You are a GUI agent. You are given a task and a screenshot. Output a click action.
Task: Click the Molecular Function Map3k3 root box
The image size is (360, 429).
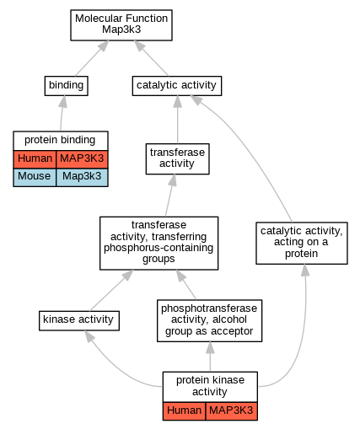[x=121, y=25]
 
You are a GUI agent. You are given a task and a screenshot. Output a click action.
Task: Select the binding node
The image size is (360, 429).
[x=67, y=86]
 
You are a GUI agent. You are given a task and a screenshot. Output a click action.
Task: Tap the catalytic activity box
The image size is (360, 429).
[x=177, y=86]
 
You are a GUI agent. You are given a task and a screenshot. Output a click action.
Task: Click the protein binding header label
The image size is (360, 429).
[x=61, y=140]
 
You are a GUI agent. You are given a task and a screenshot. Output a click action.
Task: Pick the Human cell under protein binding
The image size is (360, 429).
[x=35, y=158]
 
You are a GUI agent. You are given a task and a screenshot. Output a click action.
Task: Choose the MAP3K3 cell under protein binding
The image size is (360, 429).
[x=82, y=158]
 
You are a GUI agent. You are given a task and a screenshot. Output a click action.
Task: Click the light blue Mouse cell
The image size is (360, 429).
[x=35, y=177]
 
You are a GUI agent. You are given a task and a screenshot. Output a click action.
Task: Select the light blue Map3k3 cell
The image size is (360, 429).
[x=82, y=177]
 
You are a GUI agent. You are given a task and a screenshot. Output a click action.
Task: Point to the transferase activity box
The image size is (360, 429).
[x=177, y=158]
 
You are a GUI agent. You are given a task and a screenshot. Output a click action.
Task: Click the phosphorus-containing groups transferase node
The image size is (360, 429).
[x=159, y=243]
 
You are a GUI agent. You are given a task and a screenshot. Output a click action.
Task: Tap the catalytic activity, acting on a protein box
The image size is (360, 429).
[x=302, y=243]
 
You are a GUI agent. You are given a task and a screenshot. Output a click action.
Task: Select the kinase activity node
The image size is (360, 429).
[x=79, y=320]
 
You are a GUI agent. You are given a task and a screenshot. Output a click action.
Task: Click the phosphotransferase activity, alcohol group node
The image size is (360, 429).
[x=209, y=320]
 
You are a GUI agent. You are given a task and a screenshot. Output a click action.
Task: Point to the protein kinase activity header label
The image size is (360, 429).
[x=210, y=386]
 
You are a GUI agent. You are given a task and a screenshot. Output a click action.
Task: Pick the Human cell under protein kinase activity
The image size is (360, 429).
[x=184, y=410]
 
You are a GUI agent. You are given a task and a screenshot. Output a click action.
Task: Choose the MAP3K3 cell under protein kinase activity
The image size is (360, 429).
[x=232, y=410]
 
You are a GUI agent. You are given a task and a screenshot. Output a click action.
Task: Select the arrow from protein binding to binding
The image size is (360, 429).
[x=62, y=113]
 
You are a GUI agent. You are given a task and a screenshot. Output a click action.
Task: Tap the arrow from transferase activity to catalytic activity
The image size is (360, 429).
[x=177, y=120]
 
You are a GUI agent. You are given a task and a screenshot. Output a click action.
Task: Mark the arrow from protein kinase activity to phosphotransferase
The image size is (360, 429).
[x=210, y=357]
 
